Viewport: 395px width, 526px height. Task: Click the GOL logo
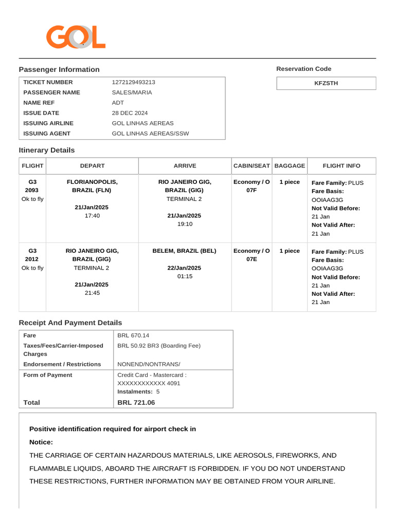tap(76, 37)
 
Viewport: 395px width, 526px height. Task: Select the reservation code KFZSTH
tap(326, 83)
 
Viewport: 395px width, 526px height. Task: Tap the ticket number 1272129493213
tap(133, 82)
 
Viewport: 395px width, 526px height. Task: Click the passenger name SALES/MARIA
tap(132, 92)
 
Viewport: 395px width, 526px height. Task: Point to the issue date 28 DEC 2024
tap(130, 113)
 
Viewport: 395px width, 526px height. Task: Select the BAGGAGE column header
tap(290, 166)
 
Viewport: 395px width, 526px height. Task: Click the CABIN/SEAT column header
tap(252, 166)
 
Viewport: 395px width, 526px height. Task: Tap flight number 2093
tap(32, 191)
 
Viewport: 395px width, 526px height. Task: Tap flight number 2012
tap(32, 259)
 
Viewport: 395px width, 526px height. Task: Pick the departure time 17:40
tap(92, 216)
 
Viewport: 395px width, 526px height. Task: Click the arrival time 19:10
tap(184, 224)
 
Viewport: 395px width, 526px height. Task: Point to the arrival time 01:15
tap(184, 276)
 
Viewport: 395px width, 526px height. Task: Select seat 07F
tap(252, 191)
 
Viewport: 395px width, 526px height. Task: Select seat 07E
tap(252, 259)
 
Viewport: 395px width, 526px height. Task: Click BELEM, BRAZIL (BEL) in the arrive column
tap(184, 251)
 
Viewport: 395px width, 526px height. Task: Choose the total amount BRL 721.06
tap(136, 403)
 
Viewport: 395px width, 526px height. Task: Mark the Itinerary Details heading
tap(47, 151)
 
